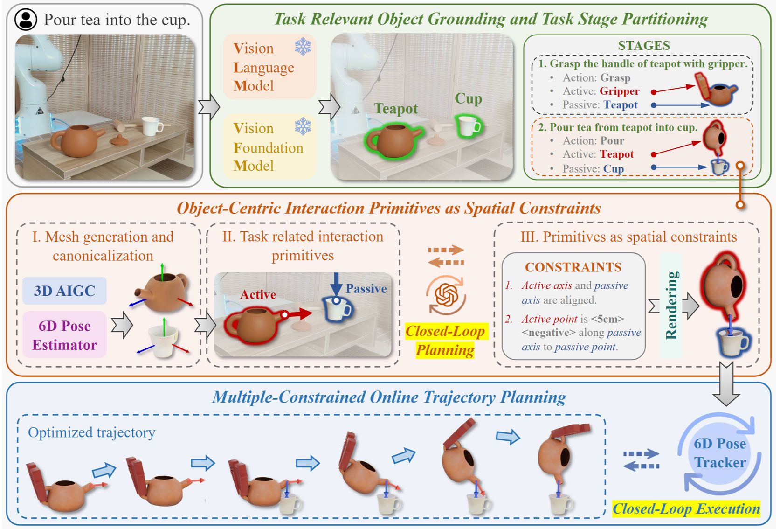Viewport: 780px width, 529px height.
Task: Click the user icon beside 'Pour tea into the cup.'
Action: pyautogui.click(x=26, y=20)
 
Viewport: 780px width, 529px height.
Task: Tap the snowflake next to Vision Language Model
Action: pyautogui.click(x=303, y=47)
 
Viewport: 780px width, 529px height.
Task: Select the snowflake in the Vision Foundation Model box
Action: pyautogui.click(x=303, y=126)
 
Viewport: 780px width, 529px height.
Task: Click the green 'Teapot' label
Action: pyautogui.click(x=395, y=109)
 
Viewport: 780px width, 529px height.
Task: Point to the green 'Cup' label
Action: pyautogui.click(x=468, y=98)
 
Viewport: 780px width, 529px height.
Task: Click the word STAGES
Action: pyautogui.click(x=643, y=46)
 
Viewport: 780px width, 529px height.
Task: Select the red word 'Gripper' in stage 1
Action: pyautogui.click(x=619, y=91)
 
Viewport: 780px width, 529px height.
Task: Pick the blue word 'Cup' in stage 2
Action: pyautogui.click(x=613, y=168)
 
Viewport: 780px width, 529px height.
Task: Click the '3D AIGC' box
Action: pyautogui.click(x=64, y=291)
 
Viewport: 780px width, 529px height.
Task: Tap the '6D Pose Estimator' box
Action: pyautogui.click(x=64, y=335)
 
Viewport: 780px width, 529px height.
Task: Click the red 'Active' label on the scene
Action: pyautogui.click(x=258, y=294)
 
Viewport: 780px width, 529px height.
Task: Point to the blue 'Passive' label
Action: pyautogui.click(x=366, y=289)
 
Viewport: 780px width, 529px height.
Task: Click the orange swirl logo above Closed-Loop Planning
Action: pyautogui.click(x=445, y=295)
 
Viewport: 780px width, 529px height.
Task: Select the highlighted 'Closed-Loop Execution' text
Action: pyautogui.click(x=686, y=508)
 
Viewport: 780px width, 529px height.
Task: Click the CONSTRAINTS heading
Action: pyautogui.click(x=573, y=267)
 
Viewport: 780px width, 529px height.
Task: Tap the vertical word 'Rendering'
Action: pyautogui.click(x=671, y=305)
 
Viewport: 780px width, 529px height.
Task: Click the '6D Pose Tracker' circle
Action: pyautogui.click(x=719, y=453)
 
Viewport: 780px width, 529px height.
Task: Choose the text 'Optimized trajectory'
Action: pyautogui.click(x=91, y=432)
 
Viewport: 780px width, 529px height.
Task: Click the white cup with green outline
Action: pyautogui.click(x=469, y=126)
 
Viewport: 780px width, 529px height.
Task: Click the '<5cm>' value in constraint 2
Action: pyautogui.click(x=607, y=319)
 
